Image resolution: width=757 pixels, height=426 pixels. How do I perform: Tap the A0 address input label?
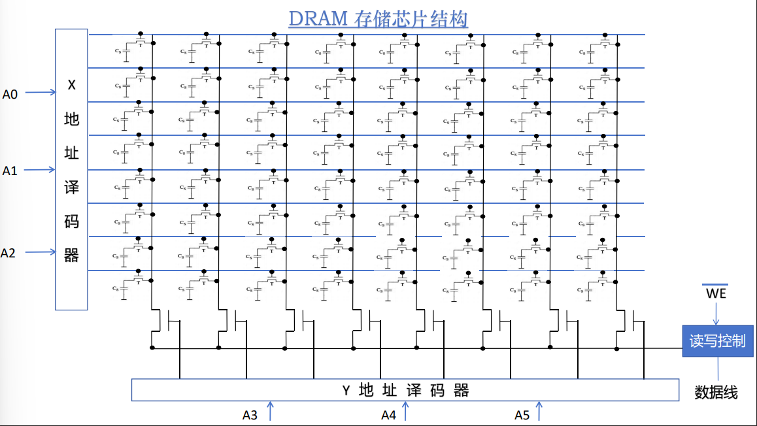(10, 94)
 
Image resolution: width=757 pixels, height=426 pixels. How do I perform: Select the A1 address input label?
(10, 171)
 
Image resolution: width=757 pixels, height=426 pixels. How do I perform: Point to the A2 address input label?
(8, 253)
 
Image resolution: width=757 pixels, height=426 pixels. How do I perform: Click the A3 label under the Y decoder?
(250, 415)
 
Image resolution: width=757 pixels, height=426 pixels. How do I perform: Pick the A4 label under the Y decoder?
(389, 415)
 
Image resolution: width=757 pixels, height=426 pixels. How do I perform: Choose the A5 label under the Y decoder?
(522, 415)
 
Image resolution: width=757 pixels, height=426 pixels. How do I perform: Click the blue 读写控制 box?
(717, 341)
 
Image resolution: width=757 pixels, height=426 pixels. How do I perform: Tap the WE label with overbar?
(716, 294)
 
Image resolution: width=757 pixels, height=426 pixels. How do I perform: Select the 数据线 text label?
(716, 393)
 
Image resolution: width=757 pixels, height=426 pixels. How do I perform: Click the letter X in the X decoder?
(72, 85)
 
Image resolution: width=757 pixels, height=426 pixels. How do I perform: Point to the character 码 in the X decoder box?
(72, 221)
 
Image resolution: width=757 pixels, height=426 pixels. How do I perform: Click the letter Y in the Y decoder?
(346, 391)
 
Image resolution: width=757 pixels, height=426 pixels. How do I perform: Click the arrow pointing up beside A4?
(405, 412)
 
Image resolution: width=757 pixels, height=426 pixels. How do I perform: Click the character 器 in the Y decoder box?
(462, 391)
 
